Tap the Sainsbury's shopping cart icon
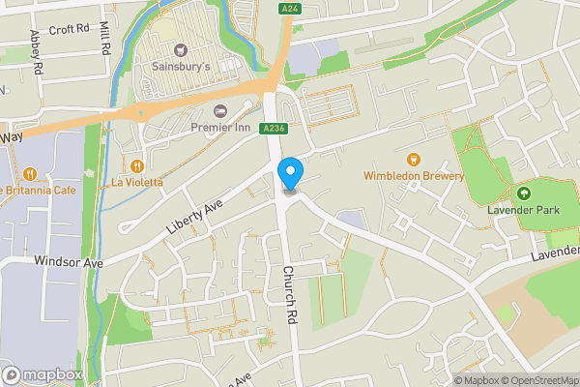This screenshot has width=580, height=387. point(179,49)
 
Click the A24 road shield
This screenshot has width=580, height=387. point(288,10)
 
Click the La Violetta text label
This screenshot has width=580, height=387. point(136,182)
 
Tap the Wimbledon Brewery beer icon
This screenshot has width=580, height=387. point(414,159)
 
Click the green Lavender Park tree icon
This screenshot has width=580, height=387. point(524,193)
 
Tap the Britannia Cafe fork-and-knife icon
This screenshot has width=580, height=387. point(32,173)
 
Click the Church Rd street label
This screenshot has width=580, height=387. point(288,293)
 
